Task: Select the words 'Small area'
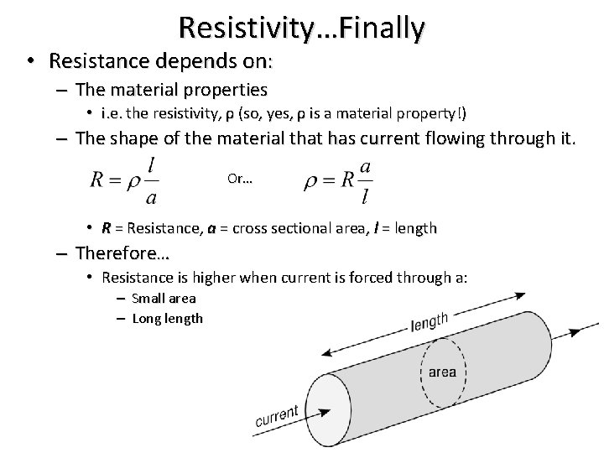(x=164, y=299)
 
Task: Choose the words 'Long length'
(x=167, y=318)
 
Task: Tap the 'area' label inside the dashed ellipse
(x=442, y=372)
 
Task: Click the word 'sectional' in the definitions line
(x=310, y=228)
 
